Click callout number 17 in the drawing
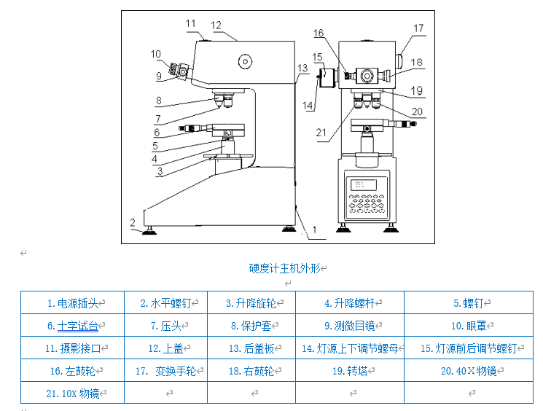point(419,28)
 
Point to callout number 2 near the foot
point(133,222)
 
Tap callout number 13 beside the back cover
point(302,68)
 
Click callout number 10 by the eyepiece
point(156,54)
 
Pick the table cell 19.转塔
point(349,371)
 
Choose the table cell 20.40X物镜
point(468,371)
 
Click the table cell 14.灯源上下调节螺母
point(349,348)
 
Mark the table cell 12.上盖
point(165,348)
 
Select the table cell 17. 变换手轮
point(165,371)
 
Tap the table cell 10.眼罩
point(468,326)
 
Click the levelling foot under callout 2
point(152,231)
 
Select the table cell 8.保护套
point(251,326)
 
